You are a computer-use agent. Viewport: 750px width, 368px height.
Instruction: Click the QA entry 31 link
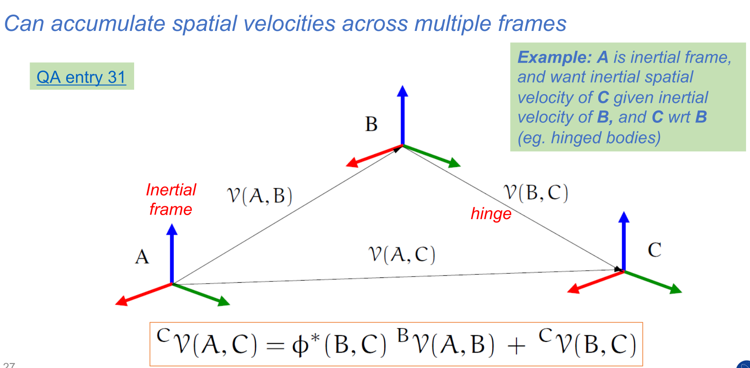[81, 77]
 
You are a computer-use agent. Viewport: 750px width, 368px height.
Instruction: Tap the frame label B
[371, 124]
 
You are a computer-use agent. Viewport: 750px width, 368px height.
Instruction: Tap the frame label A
[142, 257]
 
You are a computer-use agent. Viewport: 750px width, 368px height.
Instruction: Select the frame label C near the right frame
[654, 250]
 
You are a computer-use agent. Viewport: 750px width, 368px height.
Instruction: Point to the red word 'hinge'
[491, 214]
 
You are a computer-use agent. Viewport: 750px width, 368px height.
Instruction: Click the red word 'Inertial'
[171, 190]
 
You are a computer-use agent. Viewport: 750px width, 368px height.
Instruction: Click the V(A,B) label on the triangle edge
[259, 195]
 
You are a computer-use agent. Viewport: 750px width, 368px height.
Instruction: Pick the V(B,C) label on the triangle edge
[536, 193]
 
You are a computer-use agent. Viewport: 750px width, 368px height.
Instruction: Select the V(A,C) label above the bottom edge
[401, 254]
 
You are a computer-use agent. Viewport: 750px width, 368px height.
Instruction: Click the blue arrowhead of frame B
[402, 91]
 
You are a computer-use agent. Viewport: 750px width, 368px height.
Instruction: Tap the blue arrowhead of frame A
[172, 229]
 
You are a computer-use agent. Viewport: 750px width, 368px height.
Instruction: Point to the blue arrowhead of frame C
[624, 217]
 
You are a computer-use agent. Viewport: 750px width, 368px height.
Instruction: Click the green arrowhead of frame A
[224, 302]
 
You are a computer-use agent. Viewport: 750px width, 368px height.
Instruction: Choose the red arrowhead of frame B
[352, 163]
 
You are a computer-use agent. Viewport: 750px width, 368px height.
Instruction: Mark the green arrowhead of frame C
[676, 289]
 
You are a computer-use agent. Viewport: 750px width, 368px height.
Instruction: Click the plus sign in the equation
[516, 345]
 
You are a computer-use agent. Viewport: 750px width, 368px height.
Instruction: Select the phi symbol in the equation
[300, 345]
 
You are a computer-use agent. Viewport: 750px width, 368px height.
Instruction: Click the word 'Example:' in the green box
[555, 57]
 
